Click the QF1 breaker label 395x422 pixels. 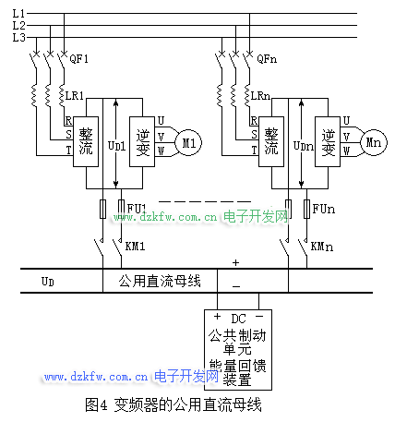pos(78,58)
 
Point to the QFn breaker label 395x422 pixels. pos(267,58)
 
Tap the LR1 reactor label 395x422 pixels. pos(75,96)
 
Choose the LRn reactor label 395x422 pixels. pos(260,96)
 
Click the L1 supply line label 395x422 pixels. pos(18,13)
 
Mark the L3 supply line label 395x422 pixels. pos(18,38)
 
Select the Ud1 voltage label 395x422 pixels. pos(116,146)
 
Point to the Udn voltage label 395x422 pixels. pos(304,146)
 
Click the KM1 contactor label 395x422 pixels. pos(135,247)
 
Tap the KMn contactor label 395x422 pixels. pos(322,247)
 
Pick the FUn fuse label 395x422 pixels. pos(324,209)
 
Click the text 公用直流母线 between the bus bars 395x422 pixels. pos(160,281)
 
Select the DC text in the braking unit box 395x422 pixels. pos(238,319)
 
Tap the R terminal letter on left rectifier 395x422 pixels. pos(68,120)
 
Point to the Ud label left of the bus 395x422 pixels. pos(48,282)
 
